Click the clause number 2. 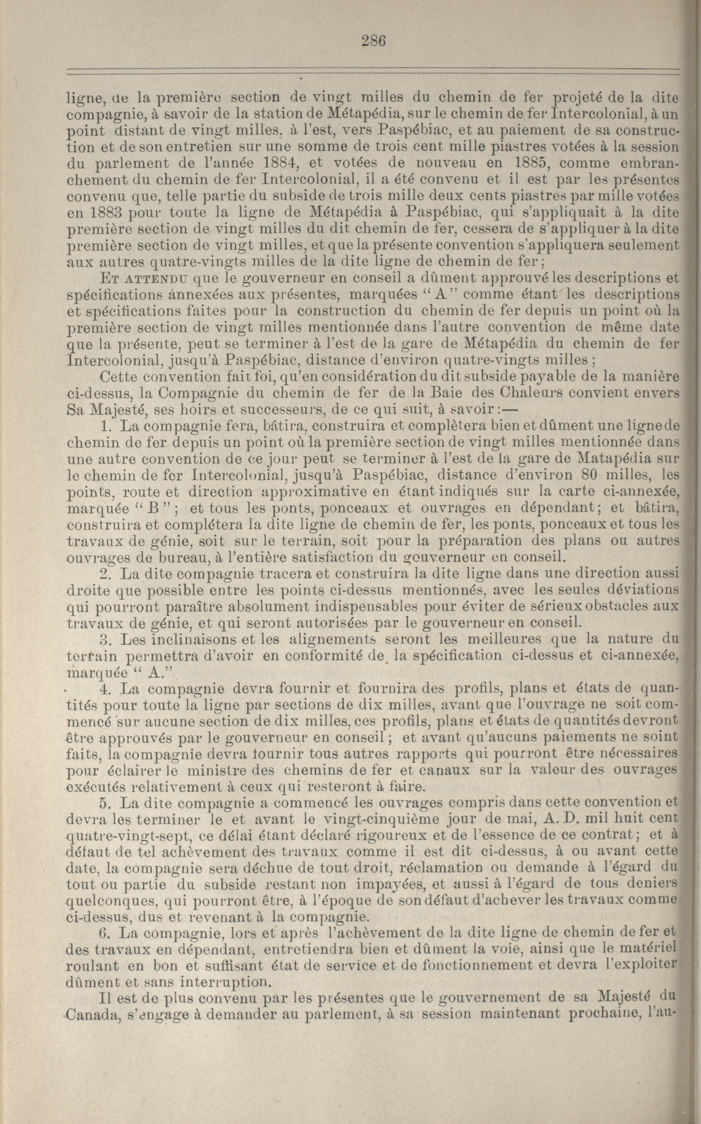pos(104,574)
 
